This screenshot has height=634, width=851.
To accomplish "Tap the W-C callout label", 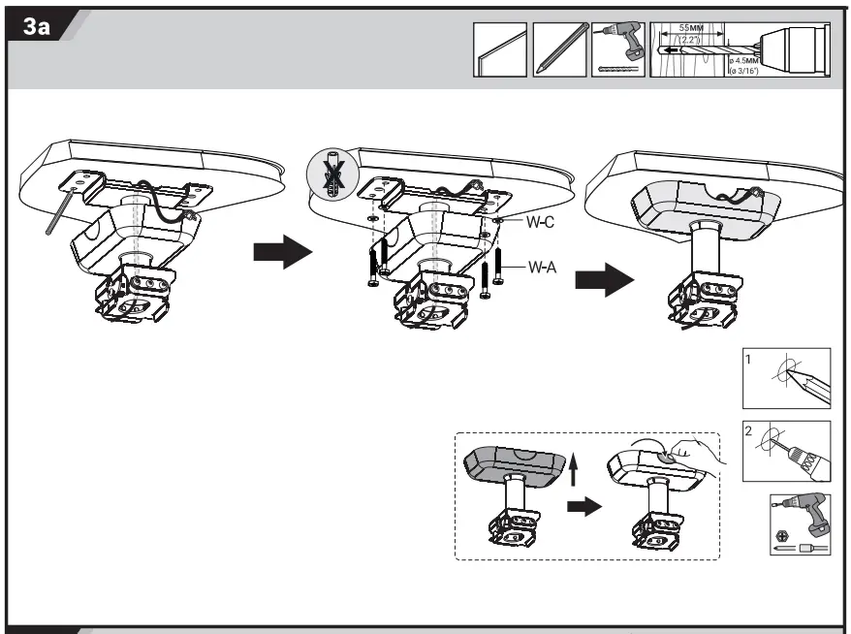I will [540, 222].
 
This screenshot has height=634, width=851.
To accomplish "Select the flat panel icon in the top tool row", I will [500, 48].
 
